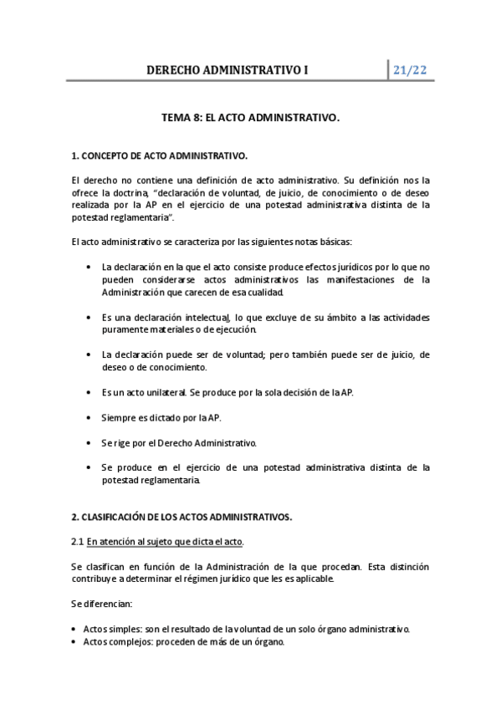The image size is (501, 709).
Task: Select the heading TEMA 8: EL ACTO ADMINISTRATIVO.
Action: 251,119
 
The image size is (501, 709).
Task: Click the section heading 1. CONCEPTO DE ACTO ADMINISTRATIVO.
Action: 159,156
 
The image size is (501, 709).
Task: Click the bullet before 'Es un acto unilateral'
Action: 89,391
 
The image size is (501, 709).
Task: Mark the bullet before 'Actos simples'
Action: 75,629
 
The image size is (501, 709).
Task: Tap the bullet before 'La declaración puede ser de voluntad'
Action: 89,354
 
